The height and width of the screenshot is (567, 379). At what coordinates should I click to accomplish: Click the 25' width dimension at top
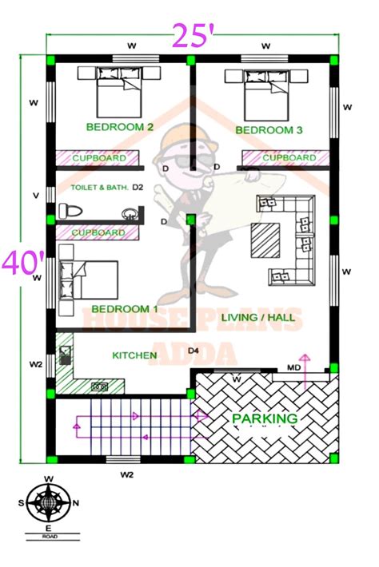click(189, 34)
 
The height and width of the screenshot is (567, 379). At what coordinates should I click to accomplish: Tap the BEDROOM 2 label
click(120, 127)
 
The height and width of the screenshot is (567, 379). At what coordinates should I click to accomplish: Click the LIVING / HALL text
click(257, 318)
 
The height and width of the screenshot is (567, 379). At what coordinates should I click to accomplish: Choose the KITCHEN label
click(134, 355)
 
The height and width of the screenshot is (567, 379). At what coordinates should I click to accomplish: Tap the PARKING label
click(265, 418)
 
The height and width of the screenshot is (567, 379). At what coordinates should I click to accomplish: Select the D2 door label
click(138, 188)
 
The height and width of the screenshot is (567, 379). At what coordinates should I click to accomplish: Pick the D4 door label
click(193, 351)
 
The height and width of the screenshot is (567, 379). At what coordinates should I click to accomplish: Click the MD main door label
click(294, 368)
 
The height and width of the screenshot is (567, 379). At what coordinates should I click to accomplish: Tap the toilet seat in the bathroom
click(67, 212)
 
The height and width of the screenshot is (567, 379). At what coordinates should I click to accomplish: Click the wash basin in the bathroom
click(129, 213)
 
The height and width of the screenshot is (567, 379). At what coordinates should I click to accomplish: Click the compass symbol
click(49, 504)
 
